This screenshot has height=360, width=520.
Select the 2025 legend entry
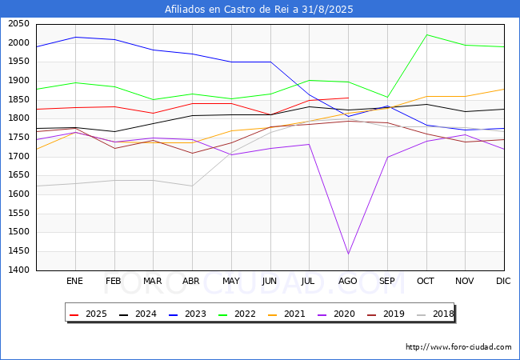click(x=89, y=314)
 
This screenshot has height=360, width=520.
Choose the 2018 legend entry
click(x=437, y=314)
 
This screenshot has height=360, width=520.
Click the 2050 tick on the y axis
click(x=19, y=24)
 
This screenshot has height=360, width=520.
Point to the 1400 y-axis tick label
click(x=19, y=270)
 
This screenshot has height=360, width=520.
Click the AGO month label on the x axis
click(x=348, y=282)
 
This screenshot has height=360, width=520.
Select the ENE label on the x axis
click(x=74, y=282)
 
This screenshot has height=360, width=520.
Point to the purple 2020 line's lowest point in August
click(x=348, y=254)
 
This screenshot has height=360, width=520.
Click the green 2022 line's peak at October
click(x=426, y=34)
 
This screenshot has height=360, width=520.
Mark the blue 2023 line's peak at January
click(x=74, y=37)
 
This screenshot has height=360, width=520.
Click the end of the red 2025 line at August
click(x=348, y=98)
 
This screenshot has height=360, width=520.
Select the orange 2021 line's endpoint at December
click(x=504, y=89)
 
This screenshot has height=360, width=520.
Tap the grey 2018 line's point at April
click(x=192, y=186)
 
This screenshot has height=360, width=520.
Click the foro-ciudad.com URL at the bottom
click(x=458, y=347)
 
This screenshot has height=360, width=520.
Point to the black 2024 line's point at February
click(x=114, y=132)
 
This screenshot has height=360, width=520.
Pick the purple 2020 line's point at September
click(x=387, y=157)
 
